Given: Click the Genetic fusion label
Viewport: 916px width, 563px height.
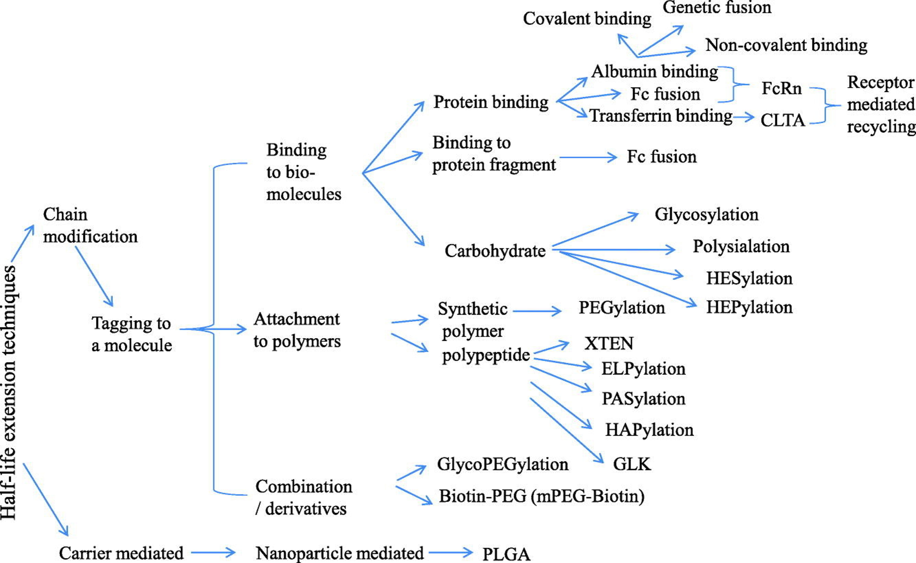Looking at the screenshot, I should tap(716, 7).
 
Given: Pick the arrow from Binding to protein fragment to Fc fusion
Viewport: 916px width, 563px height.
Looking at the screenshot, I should tap(588, 157).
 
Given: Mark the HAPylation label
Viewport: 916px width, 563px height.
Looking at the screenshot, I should tap(649, 430).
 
